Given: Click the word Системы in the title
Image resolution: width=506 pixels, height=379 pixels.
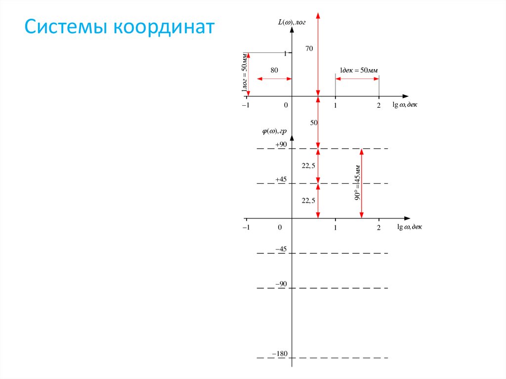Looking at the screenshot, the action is tap(68, 27).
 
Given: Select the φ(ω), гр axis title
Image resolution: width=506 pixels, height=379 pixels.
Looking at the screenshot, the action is tap(275, 131).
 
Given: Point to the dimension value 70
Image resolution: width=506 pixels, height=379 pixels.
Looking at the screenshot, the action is tap(309, 48).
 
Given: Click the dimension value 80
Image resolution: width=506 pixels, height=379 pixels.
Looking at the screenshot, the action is tap(274, 70).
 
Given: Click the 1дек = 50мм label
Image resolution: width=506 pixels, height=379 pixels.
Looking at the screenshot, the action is tap(358, 70).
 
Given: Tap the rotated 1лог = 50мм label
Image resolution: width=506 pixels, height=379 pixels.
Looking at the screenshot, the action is tap(244, 73).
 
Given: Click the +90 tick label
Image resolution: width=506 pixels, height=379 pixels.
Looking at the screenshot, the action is tap(281, 144).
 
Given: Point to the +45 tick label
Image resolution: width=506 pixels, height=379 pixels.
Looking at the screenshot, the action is tap(281, 179).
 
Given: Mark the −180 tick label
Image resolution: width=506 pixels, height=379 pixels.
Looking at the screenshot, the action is tap(280, 354).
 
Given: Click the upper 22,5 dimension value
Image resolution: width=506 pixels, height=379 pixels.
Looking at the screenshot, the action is tap(308, 166).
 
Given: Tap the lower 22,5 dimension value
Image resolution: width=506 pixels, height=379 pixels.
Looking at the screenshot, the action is tap(308, 200).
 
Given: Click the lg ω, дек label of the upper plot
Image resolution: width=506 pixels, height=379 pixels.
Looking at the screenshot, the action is tap(405, 105).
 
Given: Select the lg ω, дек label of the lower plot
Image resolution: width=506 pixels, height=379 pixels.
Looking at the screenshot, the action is tap(410, 227).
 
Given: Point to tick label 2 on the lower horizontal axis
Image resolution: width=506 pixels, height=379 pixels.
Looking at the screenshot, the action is tap(379, 227).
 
